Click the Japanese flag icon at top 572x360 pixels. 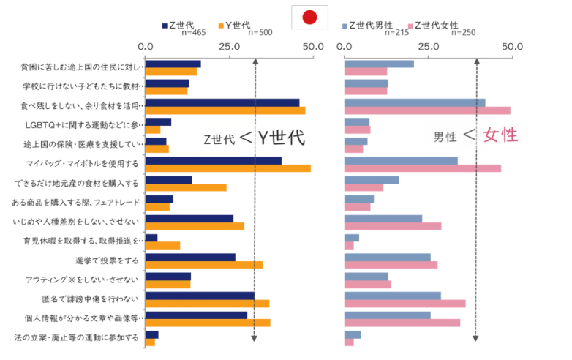coord(309,17)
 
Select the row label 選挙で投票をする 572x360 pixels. coord(107,260)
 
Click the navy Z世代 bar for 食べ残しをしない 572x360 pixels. coord(222,102)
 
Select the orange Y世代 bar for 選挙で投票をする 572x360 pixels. coord(204,265)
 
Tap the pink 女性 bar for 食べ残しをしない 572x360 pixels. coord(427,110)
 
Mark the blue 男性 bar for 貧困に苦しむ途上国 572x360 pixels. coord(379,64)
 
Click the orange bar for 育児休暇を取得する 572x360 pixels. coord(162,245)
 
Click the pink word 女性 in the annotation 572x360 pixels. coord(500,135)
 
